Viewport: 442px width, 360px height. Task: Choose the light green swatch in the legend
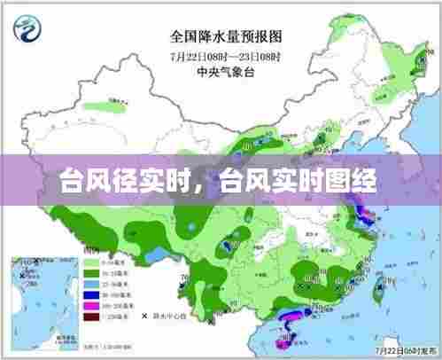(x=90, y=263)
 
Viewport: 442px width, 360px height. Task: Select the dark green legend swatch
(x=90, y=274)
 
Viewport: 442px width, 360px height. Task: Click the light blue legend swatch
(x=90, y=285)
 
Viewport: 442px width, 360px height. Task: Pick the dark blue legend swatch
(x=90, y=295)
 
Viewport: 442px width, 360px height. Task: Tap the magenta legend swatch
(x=90, y=306)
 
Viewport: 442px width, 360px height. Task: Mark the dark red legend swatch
(x=90, y=317)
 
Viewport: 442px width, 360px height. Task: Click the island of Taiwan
(x=383, y=286)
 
